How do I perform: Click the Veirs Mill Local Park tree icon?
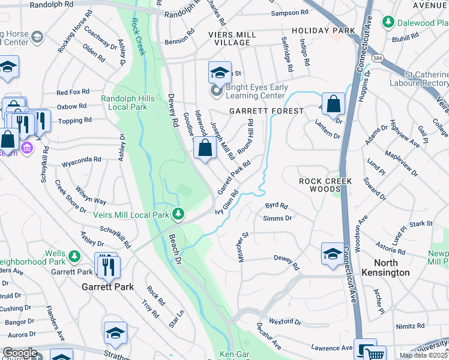[x=178, y=214]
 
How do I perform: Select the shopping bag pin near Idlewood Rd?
[x=205, y=147]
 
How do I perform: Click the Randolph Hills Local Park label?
[x=128, y=103]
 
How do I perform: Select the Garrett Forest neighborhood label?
[x=266, y=112]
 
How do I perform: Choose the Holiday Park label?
[x=319, y=30]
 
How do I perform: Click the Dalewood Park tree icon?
[x=388, y=23]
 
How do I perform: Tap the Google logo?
[x=20, y=353]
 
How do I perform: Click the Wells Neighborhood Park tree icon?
[x=74, y=257]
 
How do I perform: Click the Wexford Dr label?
[x=285, y=322]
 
